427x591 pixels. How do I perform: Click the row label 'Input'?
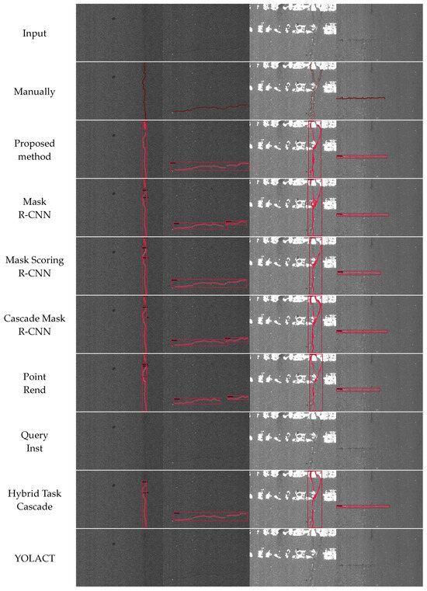click(34, 33)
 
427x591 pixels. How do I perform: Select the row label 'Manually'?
click(34, 92)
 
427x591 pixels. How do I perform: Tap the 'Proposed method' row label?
click(34, 150)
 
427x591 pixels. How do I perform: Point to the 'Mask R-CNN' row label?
click(34, 208)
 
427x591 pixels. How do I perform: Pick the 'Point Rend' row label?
click(34, 383)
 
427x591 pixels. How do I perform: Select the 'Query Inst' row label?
click(34, 441)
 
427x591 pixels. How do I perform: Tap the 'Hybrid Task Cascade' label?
click(34, 499)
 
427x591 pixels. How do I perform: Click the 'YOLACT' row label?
click(34, 558)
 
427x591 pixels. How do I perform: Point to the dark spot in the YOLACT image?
click(113, 544)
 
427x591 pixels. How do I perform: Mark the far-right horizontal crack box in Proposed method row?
click(362, 157)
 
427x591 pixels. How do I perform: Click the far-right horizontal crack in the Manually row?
click(361, 98)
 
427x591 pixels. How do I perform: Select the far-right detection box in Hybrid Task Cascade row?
click(362, 507)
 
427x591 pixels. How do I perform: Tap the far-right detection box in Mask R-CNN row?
click(363, 214)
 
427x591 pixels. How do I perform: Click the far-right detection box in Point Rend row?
click(359, 390)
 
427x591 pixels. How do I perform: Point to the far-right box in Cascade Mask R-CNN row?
click(362, 332)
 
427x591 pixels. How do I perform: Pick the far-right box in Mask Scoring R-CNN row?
click(359, 273)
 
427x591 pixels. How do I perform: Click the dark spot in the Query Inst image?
click(113, 426)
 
